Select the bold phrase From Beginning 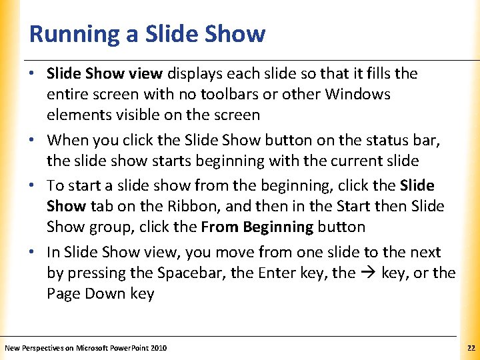click(x=257, y=227)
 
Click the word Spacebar click(x=189, y=273)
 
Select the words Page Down click(x=81, y=293)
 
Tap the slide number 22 click(x=471, y=348)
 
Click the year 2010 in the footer click(x=158, y=348)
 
